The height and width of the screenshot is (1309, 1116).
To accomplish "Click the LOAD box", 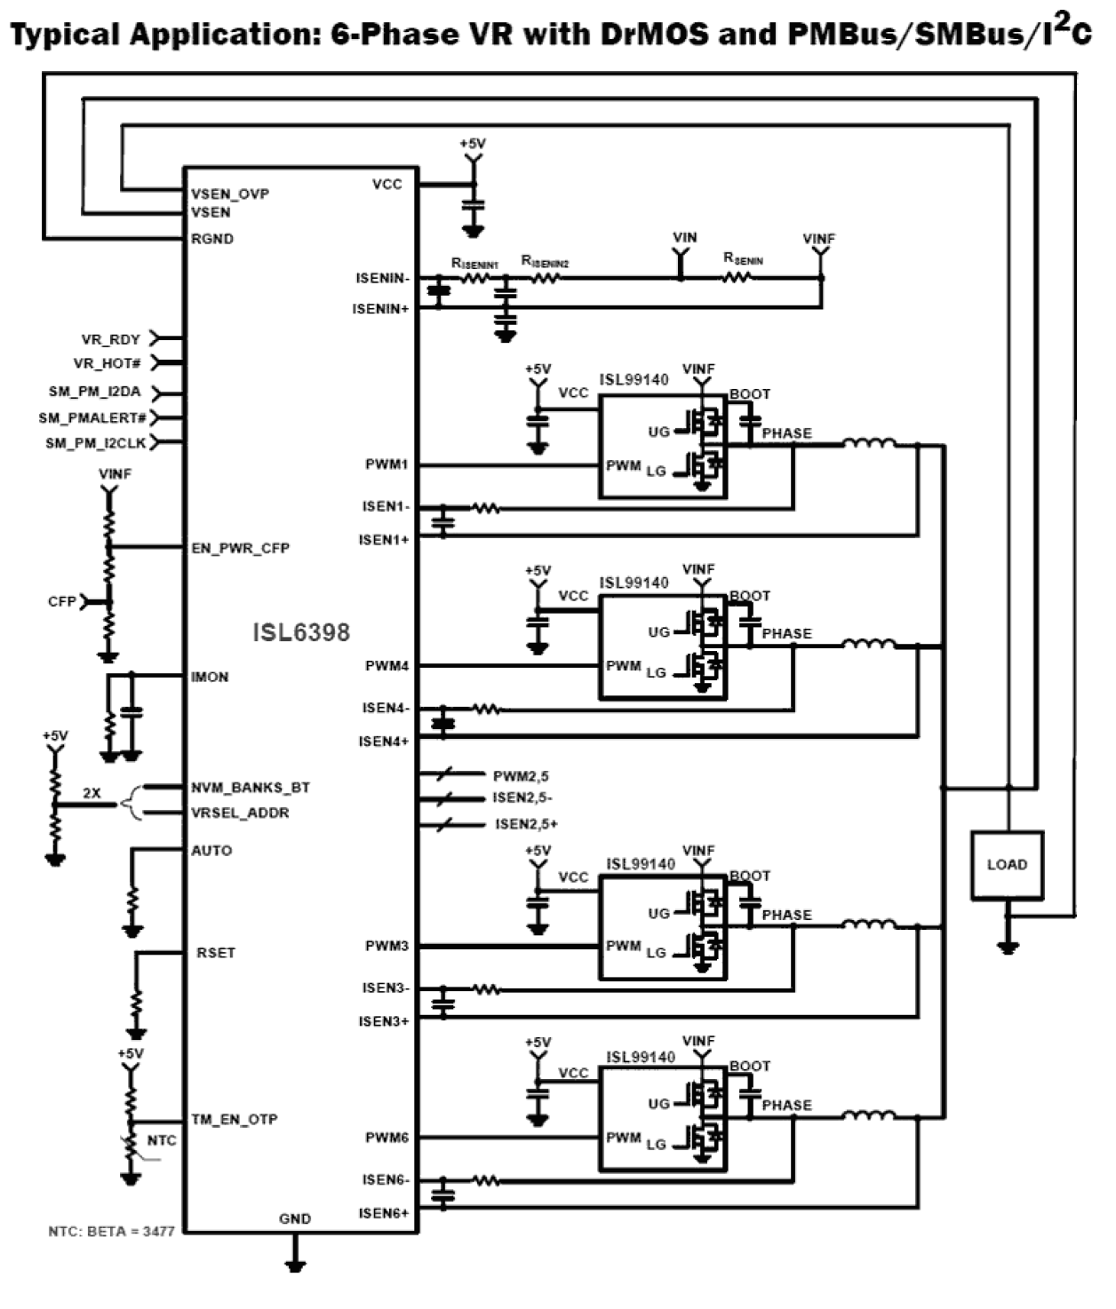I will click(1006, 865).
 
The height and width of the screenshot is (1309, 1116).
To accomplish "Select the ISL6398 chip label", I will click(301, 632).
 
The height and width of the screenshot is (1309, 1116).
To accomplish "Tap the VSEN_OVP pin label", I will click(229, 194).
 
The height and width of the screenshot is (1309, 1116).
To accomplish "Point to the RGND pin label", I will click(212, 239).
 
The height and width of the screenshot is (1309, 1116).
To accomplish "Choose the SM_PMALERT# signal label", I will click(92, 417).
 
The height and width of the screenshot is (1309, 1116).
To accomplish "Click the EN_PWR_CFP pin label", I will click(240, 548).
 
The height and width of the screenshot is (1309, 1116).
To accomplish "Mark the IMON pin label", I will click(210, 677).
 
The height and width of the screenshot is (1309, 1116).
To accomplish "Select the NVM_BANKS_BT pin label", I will click(251, 788).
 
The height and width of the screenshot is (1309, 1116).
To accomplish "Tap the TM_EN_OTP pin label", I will click(234, 1119).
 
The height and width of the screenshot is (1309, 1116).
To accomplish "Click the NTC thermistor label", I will click(162, 1140).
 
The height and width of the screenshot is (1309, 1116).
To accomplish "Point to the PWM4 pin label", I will click(387, 665).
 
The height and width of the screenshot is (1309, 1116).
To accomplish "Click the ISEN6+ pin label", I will click(384, 1213).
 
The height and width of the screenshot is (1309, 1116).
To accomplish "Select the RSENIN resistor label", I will click(743, 259).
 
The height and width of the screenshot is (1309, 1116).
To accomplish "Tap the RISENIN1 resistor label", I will click(474, 264).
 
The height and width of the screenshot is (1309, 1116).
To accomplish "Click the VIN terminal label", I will click(684, 238).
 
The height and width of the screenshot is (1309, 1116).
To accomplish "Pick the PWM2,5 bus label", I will click(521, 776).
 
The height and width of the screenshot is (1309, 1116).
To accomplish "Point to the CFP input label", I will click(61, 601).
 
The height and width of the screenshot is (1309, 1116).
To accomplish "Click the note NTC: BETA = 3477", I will click(111, 1232).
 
